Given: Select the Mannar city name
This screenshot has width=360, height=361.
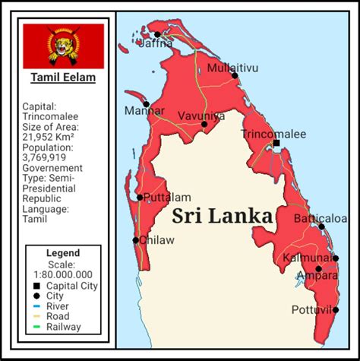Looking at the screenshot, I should pos(147,111).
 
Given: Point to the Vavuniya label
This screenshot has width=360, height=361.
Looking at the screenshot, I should pos(201,116).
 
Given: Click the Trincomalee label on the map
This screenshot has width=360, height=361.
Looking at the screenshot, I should pos(273,134).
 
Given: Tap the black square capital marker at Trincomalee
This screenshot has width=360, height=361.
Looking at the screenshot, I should pos(276,143).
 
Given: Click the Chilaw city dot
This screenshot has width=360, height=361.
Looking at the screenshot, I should pos(136,240).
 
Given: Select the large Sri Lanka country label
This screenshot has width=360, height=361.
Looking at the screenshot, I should pos(222,216).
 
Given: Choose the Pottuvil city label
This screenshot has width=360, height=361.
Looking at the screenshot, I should pos(311,309).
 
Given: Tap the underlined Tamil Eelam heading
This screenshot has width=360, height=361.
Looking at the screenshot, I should pos(63,78).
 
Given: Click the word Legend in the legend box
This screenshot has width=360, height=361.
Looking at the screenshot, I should pos(63,253).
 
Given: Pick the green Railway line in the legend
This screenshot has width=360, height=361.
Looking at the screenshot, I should pos(36,328).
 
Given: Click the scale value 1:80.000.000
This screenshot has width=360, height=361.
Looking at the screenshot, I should pos(63,274).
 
